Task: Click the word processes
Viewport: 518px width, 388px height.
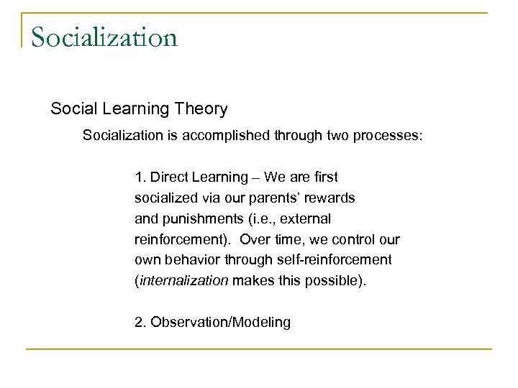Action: point(388,135)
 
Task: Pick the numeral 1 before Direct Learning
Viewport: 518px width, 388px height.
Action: point(138,177)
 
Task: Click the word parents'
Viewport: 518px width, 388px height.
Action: point(256,197)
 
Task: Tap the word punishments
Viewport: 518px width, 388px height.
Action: point(196,218)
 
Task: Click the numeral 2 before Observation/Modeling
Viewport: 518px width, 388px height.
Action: point(139,322)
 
